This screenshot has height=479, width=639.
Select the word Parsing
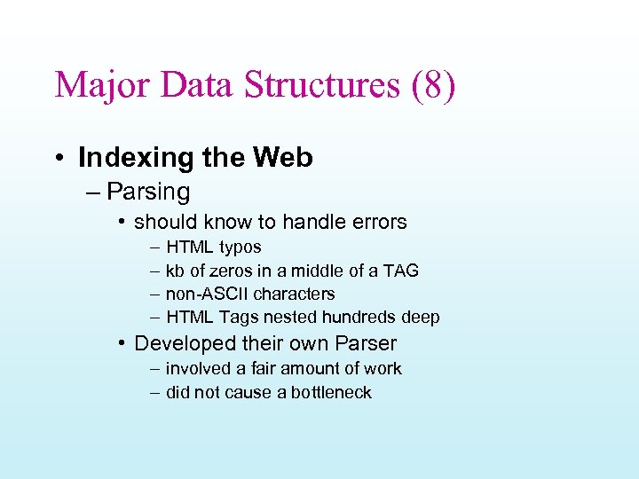click(148, 192)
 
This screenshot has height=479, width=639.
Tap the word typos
click(240, 247)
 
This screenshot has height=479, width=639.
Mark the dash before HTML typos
click(155, 247)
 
